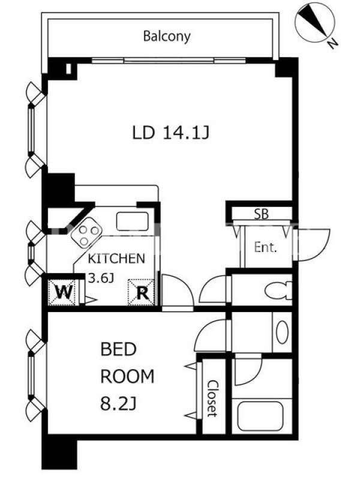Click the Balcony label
click(167, 37)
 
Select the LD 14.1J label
click(170, 133)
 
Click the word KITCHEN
click(116, 259)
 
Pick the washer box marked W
click(62, 292)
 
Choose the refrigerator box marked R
click(141, 292)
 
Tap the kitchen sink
click(132, 221)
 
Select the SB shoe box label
click(262, 214)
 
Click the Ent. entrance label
click(265, 247)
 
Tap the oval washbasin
click(282, 332)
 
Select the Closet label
click(212, 398)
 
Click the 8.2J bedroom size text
click(118, 404)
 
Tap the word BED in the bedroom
click(118, 349)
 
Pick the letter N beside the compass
click(333, 44)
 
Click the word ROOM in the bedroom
click(127, 377)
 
